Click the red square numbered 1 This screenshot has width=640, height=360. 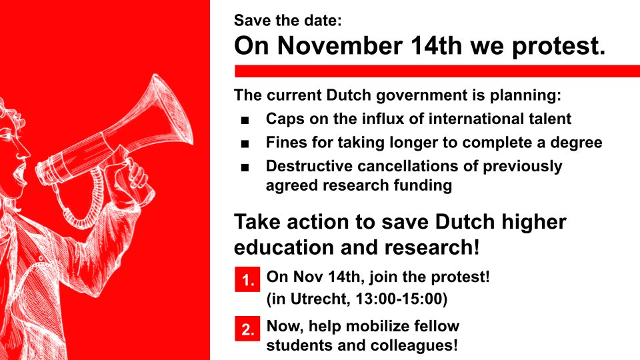[x=247, y=281]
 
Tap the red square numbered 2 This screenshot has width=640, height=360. [x=247, y=329]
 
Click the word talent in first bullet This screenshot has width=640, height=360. [x=549, y=119]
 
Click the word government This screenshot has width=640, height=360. [x=414, y=95]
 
